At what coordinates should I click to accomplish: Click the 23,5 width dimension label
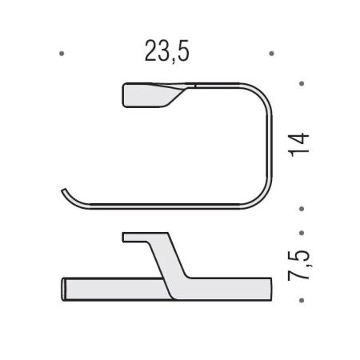click(x=167, y=52)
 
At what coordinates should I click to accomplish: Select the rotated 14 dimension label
click(x=298, y=145)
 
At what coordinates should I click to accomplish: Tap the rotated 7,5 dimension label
click(x=298, y=266)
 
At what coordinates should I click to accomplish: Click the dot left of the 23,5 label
click(x=62, y=54)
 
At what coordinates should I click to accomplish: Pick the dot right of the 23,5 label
click(x=271, y=54)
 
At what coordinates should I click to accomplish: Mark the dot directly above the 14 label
click(x=302, y=84)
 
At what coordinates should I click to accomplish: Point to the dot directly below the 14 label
click(x=302, y=209)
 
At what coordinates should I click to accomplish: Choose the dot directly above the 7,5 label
click(x=302, y=233)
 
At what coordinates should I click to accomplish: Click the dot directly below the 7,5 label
click(x=302, y=301)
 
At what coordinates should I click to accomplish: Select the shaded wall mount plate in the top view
click(x=150, y=95)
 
